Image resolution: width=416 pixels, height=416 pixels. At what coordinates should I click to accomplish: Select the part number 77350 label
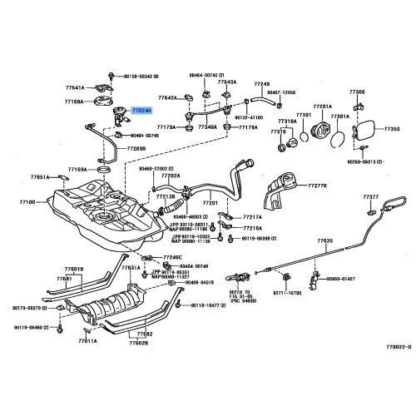pyautogui.click(x=390, y=130)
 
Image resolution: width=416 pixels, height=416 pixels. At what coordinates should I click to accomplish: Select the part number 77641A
pyautogui.click(x=75, y=87)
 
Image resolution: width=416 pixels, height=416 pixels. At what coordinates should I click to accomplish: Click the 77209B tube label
pyautogui.click(x=136, y=149)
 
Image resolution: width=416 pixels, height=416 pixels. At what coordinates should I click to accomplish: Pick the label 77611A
pyautogui.click(x=87, y=341)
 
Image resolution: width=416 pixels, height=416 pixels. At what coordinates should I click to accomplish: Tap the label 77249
pyautogui.click(x=262, y=85)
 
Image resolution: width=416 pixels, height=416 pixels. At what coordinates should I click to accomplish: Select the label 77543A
pyautogui.click(x=227, y=82)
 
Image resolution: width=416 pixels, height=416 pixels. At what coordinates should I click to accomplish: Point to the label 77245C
pyautogui.click(x=171, y=258)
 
